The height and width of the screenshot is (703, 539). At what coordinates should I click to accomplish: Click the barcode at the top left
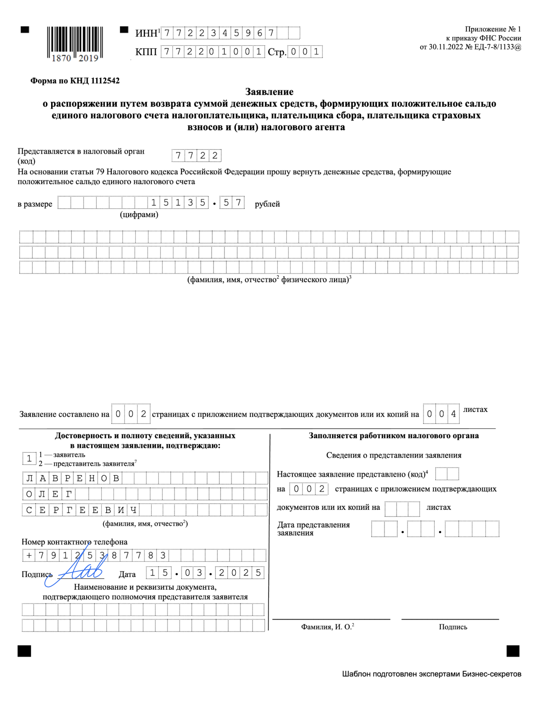pos(75,44)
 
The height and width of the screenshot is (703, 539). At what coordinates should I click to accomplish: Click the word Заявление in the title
pos(269,92)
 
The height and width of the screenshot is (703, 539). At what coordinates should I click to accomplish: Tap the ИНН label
pos(146,33)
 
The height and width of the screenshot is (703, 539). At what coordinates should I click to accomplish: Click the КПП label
pos(146,52)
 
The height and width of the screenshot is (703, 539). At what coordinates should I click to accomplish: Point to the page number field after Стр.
pos(305,52)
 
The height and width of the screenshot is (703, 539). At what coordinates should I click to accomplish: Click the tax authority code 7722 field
pos(197,155)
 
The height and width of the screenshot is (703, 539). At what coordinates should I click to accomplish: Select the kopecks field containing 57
pos(232,203)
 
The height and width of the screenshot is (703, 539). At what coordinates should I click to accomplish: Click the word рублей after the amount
pos(267,204)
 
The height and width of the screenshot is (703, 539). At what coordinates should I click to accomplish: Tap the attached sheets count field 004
pos(441,414)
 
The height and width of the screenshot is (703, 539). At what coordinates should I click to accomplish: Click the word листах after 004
pos(475,409)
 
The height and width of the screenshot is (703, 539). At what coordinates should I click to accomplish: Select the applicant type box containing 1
pos(29,459)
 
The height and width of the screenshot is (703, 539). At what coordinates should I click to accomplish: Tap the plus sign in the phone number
pos(29,556)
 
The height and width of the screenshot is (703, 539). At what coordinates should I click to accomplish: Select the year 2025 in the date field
pos(240,573)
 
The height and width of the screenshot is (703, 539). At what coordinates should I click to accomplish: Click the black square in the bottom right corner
pos(513,651)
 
